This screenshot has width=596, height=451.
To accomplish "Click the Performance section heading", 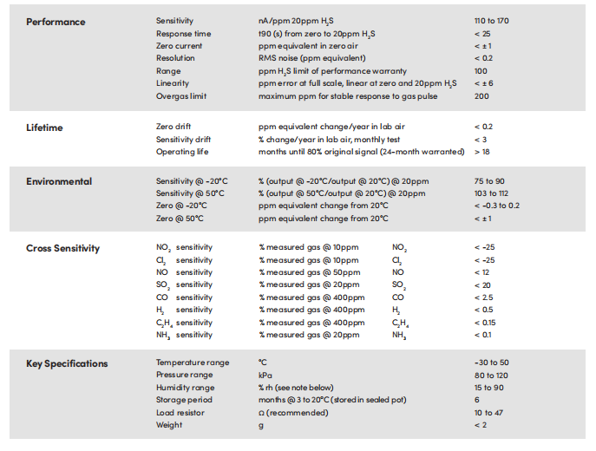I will click(x=56, y=21).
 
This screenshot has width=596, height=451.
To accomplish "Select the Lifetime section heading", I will click(x=45, y=127).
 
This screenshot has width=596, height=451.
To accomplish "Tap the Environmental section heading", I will click(x=59, y=181).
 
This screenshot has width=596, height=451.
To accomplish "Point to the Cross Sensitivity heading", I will click(x=62, y=248).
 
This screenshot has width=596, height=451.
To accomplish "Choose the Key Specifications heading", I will click(x=67, y=363).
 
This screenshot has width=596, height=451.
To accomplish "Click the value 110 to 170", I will click(x=492, y=21).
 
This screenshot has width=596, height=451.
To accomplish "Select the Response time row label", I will click(x=185, y=33).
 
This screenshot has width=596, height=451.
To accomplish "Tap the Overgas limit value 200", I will click(x=481, y=95).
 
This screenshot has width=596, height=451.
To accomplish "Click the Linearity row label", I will click(x=173, y=83).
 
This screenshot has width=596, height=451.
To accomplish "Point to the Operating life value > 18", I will click(x=482, y=152).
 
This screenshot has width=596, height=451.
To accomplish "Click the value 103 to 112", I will click(x=492, y=193).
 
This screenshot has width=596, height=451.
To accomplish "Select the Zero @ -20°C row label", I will click(x=181, y=206).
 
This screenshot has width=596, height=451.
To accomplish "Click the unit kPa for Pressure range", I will click(x=265, y=375).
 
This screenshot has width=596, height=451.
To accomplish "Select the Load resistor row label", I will click(x=180, y=413).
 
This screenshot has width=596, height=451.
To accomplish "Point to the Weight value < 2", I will click(x=481, y=425).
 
